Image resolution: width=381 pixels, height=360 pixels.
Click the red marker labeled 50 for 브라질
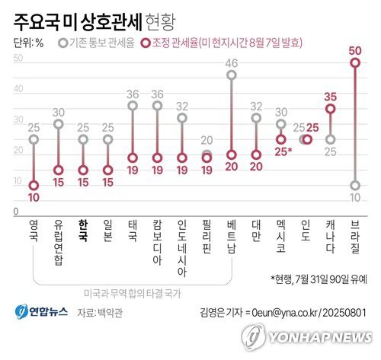click(x=355, y=63)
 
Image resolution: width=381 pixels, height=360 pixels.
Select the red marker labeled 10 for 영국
click(x=34, y=185)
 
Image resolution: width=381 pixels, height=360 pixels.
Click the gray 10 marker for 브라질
click(x=355, y=185)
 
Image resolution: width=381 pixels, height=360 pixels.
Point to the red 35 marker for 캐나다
click(x=331, y=109)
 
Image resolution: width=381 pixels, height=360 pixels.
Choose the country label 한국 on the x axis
click(x=82, y=231)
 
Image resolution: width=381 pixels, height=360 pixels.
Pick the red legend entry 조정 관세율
click(x=232, y=43)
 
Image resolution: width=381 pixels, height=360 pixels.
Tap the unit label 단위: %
click(x=28, y=43)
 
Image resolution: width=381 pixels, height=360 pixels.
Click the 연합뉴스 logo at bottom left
click(x=41, y=311)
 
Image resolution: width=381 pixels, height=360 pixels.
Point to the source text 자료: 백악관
click(x=105, y=312)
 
